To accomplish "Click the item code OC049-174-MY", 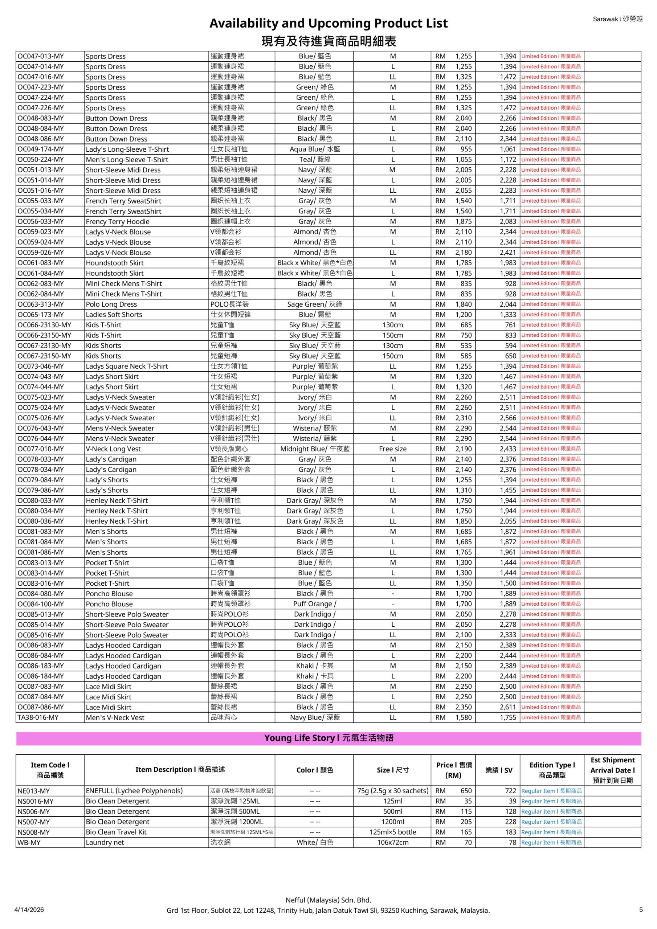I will [x=41, y=149].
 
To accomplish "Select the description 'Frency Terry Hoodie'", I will [x=117, y=222].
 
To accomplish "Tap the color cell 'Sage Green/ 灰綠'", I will [x=315, y=304].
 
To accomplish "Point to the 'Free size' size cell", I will [x=393, y=449].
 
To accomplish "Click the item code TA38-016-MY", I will [x=38, y=717].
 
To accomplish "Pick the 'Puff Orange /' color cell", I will [x=315, y=604].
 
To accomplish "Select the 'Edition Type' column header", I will [x=552, y=770].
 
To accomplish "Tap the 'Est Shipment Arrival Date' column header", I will [x=612, y=770].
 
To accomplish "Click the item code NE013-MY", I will [x=34, y=791].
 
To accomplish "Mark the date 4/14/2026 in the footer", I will [x=29, y=909].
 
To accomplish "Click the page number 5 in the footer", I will [x=641, y=909].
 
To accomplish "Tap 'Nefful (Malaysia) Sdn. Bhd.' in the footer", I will [x=328, y=900].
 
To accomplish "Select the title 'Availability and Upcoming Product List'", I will [x=328, y=24].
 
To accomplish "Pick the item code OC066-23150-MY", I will [x=44, y=335].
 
